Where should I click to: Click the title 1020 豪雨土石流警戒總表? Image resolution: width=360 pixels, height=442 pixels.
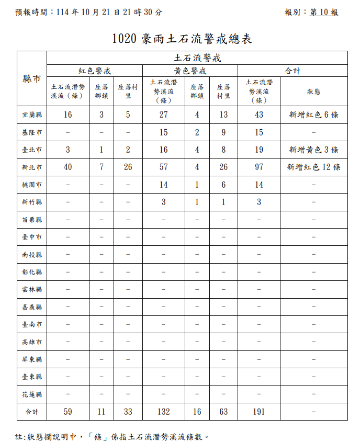(182, 39)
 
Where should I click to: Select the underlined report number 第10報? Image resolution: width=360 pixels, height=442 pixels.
(324, 12)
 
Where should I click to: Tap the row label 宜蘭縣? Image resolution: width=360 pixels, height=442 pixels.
(32, 115)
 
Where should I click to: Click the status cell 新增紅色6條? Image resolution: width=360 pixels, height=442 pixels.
(313, 115)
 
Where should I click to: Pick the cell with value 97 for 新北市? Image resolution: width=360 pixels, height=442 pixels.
(258, 167)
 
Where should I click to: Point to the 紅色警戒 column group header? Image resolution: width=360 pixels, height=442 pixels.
(95, 71)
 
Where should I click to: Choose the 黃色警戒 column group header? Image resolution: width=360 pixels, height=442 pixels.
(190, 71)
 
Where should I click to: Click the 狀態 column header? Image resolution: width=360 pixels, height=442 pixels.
(313, 92)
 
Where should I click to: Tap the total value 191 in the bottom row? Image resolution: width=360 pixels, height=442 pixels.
(258, 412)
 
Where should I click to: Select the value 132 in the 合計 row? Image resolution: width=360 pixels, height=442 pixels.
(163, 412)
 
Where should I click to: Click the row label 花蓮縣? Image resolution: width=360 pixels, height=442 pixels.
(32, 394)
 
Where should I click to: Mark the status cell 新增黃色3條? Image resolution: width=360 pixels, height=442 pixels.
(313, 150)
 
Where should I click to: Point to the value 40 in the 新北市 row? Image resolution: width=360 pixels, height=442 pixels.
(68, 167)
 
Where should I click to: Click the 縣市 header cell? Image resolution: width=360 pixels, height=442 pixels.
(32, 79)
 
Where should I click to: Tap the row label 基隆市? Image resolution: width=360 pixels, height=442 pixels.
(32, 132)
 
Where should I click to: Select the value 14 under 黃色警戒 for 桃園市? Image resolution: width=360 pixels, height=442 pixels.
(163, 185)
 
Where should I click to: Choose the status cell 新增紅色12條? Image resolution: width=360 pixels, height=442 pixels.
(313, 167)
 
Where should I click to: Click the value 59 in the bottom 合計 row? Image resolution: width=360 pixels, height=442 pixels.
(68, 412)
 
